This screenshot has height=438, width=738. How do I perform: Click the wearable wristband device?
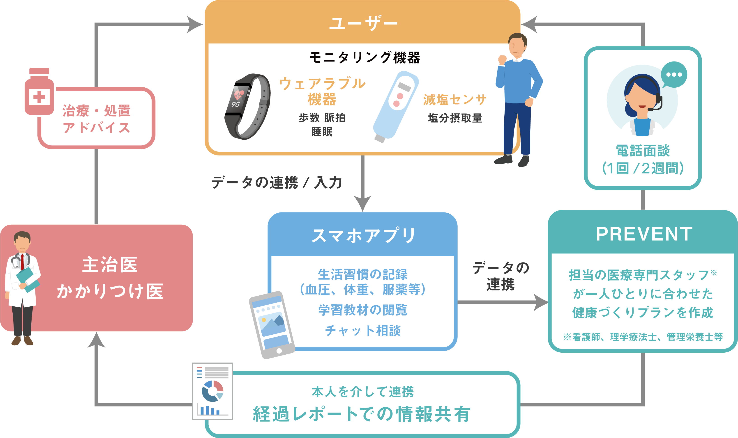(x=248, y=107)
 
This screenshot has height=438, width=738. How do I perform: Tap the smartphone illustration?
(x=272, y=325)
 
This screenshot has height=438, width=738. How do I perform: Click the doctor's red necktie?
(x=22, y=261)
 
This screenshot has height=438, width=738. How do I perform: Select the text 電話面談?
(x=643, y=151)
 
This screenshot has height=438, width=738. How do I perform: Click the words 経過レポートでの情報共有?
(x=362, y=414)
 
